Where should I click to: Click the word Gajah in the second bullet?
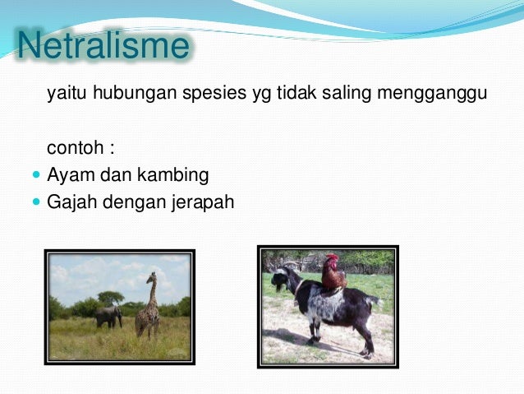pos(71,201)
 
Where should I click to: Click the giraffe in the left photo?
pos(148,308)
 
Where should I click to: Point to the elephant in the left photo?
pos(108,315)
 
